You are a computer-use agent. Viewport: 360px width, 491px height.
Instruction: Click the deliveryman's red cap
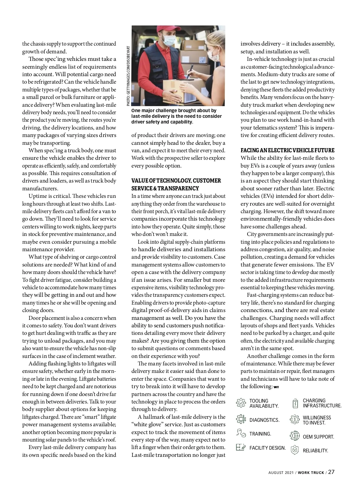[163, 30]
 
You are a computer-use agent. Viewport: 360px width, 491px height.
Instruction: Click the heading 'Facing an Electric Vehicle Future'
[287, 150]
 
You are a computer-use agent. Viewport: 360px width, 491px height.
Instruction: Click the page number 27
[331, 472]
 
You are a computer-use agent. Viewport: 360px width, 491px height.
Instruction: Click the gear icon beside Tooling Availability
[241, 403]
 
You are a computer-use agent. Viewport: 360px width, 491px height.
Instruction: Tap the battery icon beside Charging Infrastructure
[295, 403]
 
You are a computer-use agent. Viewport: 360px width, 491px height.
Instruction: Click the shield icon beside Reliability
[295, 450]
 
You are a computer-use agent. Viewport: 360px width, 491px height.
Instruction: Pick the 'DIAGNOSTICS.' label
[264, 420]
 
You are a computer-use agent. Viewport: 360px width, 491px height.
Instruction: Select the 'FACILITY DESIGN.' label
[267, 448]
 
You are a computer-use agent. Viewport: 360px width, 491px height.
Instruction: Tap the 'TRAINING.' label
[260, 434]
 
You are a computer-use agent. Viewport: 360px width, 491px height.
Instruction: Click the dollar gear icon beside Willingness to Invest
[295, 420]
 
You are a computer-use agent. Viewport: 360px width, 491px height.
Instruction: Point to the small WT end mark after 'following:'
[276, 387]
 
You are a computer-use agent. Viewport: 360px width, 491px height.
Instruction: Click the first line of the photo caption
[174, 111]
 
